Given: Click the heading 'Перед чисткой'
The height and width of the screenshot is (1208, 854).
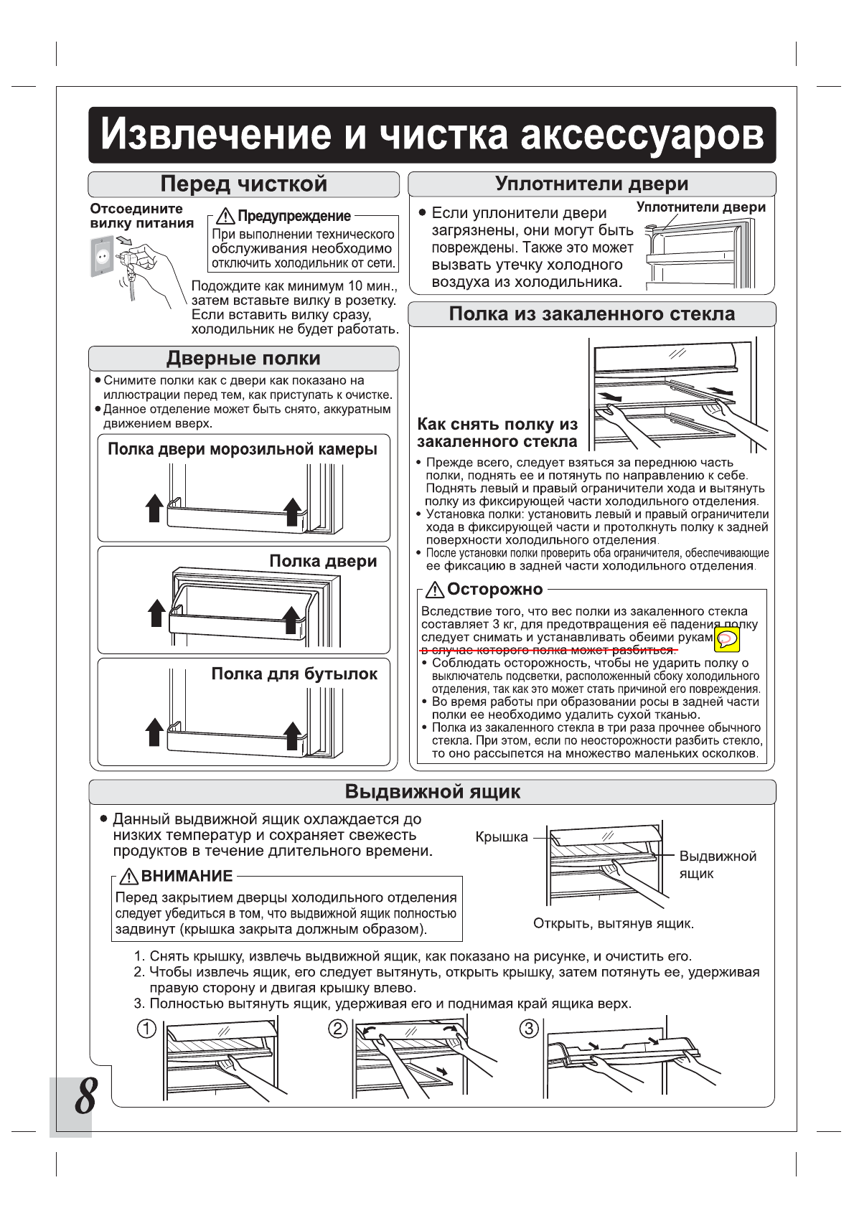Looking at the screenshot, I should pyautogui.click(x=243, y=184).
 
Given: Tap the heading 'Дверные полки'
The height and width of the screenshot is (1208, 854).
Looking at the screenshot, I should pyautogui.click(x=243, y=359).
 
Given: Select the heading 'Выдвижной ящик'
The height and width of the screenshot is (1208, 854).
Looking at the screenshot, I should pyautogui.click(x=432, y=792).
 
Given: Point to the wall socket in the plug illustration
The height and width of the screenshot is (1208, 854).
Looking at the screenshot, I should pyautogui.click(x=102, y=257).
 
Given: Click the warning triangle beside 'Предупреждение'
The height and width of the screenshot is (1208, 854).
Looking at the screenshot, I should pyautogui.click(x=226, y=216).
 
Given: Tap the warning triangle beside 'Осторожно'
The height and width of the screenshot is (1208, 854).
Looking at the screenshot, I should pyautogui.click(x=435, y=590).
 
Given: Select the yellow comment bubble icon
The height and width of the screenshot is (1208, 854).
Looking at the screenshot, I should pyautogui.click(x=728, y=638).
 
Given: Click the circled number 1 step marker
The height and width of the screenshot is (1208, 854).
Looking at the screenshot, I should pyautogui.click(x=146, y=1029).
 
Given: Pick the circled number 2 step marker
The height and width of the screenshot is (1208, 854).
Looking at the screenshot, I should pyautogui.click(x=337, y=1029).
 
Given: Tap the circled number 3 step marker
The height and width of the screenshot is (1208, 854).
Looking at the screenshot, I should pyautogui.click(x=529, y=1029).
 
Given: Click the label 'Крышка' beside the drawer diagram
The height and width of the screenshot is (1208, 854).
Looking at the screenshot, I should pyautogui.click(x=501, y=837).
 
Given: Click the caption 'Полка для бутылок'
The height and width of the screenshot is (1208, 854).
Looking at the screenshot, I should pyautogui.click(x=294, y=674).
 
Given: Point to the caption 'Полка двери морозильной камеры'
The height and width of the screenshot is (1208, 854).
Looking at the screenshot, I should pyautogui.click(x=242, y=450).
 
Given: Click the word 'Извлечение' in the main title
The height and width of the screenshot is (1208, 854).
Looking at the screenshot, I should pyautogui.click(x=217, y=135).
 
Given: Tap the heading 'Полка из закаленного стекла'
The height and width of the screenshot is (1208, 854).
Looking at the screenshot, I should pyautogui.click(x=591, y=314).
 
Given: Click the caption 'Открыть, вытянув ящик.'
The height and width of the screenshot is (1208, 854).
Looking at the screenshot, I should pyautogui.click(x=613, y=923).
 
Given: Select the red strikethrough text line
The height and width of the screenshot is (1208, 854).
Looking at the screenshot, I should pyautogui.click(x=549, y=650).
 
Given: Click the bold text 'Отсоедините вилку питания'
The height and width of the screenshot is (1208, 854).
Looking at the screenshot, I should pyautogui.click(x=141, y=216).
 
